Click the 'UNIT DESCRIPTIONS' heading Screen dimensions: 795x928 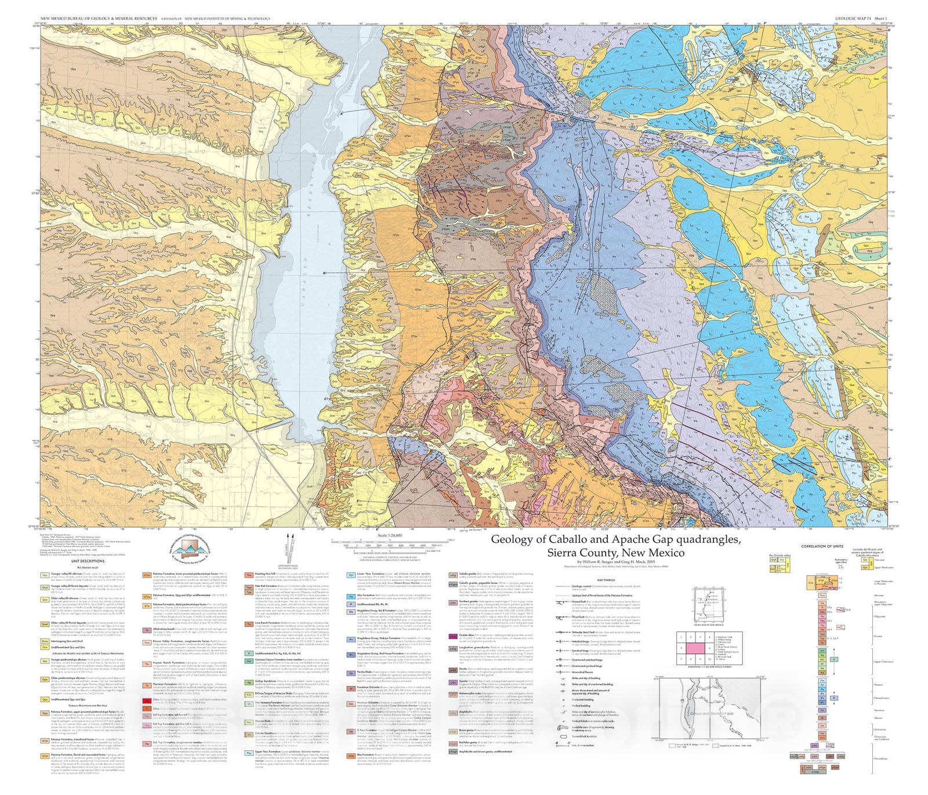pyautogui.click(x=88, y=561)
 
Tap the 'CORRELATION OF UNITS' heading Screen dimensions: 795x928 pyautogui.click(x=822, y=546)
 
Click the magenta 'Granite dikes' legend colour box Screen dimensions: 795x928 pyautogui.click(x=453, y=636)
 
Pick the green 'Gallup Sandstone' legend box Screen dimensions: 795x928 pyautogui.click(x=249, y=683)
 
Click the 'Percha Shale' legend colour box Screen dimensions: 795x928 pyautogui.click(x=351, y=673)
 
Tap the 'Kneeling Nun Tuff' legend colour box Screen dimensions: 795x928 pyautogui.click(x=249, y=575)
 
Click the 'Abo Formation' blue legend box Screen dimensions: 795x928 pyautogui.click(x=351, y=597)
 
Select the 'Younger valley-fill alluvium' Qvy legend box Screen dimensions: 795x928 pyautogui.click(x=45, y=575)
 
